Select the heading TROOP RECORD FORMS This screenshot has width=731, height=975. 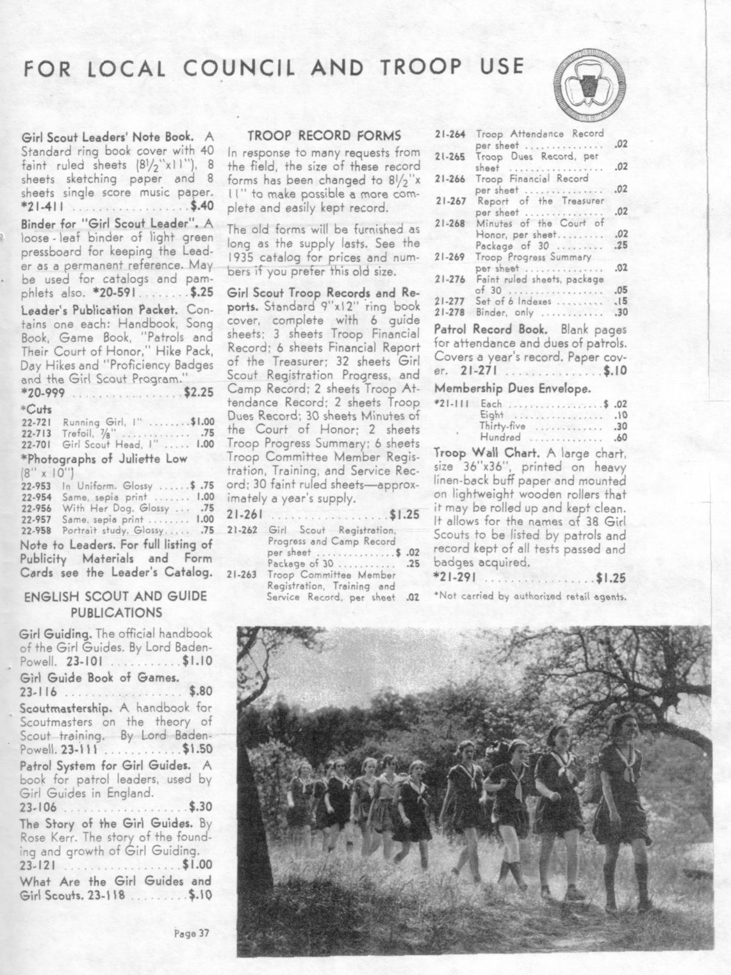324,136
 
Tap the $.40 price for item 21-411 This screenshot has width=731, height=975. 201,206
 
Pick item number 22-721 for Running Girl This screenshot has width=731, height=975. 36,423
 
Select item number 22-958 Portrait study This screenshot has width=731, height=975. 36,530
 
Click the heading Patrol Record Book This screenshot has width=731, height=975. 491,329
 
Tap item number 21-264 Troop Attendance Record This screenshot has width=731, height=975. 450,134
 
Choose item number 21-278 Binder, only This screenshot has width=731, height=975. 450,312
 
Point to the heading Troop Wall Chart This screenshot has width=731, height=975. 488,452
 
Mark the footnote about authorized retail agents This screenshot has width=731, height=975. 529,597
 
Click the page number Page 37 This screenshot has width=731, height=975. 192,933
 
